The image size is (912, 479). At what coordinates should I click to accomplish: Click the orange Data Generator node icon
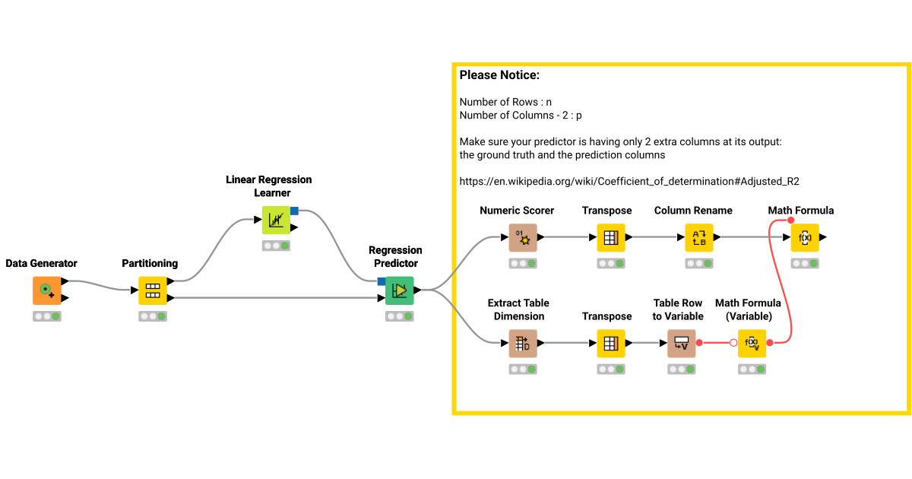click(46, 290)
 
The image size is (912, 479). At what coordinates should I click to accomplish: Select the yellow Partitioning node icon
click(152, 290)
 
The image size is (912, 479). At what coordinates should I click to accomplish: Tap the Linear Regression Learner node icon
click(276, 220)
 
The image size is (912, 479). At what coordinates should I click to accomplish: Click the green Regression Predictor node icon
click(399, 290)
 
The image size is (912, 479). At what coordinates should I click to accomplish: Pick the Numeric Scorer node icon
click(523, 237)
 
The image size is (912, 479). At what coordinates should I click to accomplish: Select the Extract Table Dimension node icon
click(523, 343)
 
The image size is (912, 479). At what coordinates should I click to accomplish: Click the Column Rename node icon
click(699, 237)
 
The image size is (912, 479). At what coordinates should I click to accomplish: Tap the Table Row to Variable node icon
click(681, 343)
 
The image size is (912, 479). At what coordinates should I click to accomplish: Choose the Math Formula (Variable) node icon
click(752, 343)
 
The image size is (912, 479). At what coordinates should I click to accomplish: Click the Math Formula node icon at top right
click(804, 237)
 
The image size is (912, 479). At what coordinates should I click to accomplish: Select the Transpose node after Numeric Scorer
click(610, 237)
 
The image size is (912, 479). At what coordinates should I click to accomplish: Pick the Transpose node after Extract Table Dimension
click(610, 343)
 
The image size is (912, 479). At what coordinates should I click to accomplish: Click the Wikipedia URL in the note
click(629, 182)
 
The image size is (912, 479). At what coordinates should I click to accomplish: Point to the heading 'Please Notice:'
click(499, 76)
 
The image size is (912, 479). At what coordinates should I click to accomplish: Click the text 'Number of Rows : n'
click(505, 102)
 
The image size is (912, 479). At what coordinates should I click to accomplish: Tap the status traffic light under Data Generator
click(46, 316)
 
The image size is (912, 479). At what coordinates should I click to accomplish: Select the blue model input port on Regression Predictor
click(382, 281)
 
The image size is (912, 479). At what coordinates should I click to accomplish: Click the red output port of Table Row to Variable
click(698, 343)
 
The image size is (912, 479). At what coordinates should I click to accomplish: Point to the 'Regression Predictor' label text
click(395, 256)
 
